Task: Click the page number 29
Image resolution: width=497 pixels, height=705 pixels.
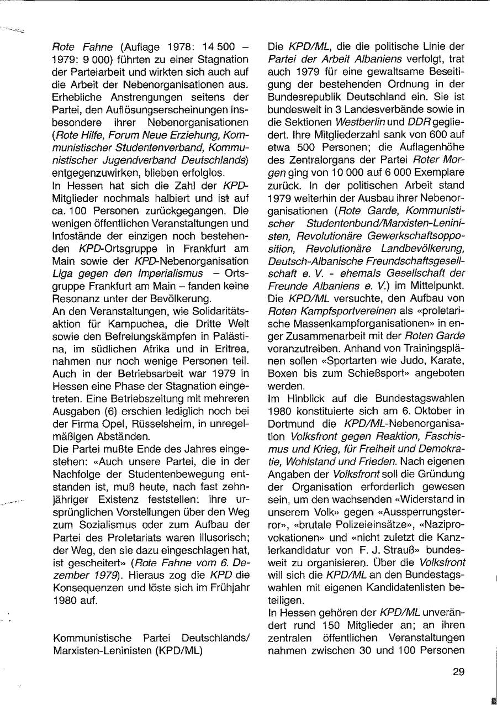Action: tap(458, 672)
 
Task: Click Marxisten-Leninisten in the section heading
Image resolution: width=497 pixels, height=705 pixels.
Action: tap(95, 651)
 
